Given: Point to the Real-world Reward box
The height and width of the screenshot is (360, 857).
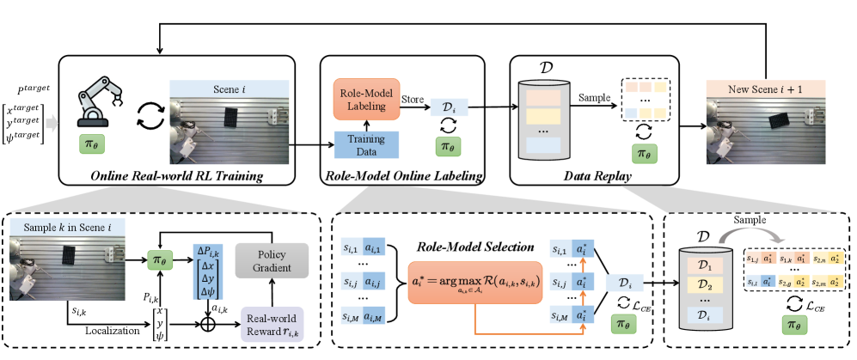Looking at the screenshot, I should pyautogui.click(x=277, y=321).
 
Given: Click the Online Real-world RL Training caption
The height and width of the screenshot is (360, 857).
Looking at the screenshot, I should pyautogui.click(x=175, y=176).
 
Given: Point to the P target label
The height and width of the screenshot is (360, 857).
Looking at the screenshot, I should pyautogui.click(x=33, y=89).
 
